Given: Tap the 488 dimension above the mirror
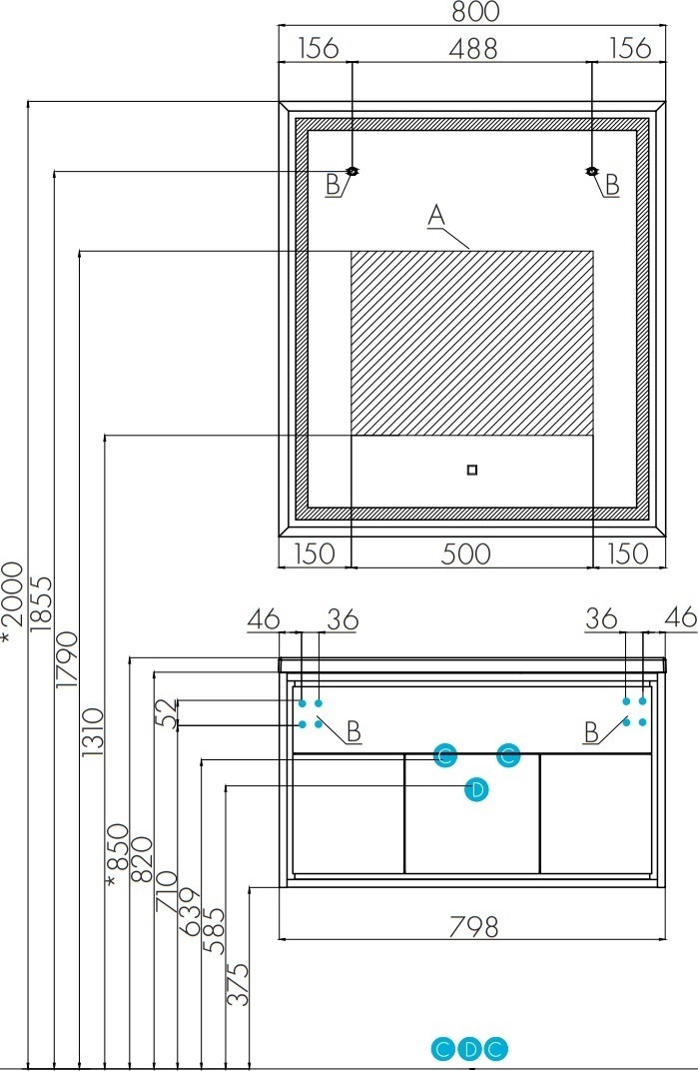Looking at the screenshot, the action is pyautogui.click(x=472, y=49).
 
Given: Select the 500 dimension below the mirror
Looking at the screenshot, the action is pyautogui.click(x=465, y=553).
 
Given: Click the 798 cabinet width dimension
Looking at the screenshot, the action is pyautogui.click(x=473, y=927).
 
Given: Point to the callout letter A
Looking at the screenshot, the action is pyautogui.click(x=435, y=215).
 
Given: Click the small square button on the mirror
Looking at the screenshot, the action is pyautogui.click(x=472, y=470).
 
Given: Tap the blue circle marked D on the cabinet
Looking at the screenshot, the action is pyautogui.click(x=476, y=789).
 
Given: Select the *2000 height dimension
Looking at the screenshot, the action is pyautogui.click(x=12, y=601).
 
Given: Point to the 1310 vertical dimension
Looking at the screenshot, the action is pyautogui.click(x=93, y=731).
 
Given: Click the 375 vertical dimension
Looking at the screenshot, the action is pyautogui.click(x=238, y=984).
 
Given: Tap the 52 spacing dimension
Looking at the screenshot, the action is pyautogui.click(x=168, y=713).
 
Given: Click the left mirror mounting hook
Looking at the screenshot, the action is pyautogui.click(x=352, y=172).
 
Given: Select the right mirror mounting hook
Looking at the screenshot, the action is pyautogui.click(x=592, y=172).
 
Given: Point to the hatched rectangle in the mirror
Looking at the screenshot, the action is pyautogui.click(x=472, y=343).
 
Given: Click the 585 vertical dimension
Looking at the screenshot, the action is pyautogui.click(x=213, y=929).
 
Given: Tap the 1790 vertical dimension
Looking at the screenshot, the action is pyautogui.click(x=67, y=659).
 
